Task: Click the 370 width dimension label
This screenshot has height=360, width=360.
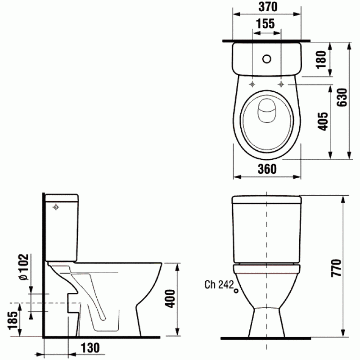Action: (x=268, y=7)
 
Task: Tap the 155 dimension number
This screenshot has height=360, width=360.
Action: (x=265, y=23)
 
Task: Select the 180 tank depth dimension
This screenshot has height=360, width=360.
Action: (x=321, y=60)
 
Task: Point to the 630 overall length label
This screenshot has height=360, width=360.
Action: (x=342, y=97)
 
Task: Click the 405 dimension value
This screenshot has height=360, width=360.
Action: (x=323, y=121)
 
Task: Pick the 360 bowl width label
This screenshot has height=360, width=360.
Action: (x=267, y=169)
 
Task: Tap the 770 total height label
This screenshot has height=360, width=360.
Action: (x=336, y=268)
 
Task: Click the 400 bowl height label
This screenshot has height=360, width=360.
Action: (x=170, y=299)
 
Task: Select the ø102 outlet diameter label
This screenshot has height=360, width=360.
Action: (x=24, y=267)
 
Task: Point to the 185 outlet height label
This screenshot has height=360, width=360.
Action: (x=13, y=320)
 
